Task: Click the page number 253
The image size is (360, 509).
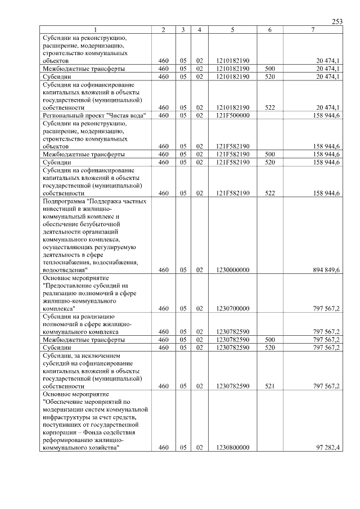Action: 337,21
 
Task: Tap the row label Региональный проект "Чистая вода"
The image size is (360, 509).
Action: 94,115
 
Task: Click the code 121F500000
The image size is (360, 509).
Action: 232,115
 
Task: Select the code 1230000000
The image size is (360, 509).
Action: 232,270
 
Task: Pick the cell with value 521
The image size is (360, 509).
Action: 269,386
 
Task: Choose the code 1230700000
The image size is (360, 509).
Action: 232,309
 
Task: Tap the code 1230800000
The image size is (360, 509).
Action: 232,448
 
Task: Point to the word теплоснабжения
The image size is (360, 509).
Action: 66,262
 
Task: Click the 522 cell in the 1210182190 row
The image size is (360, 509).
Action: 269,107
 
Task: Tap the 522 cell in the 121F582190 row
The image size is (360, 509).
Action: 269,193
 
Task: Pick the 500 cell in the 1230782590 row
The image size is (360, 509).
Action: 269,340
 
